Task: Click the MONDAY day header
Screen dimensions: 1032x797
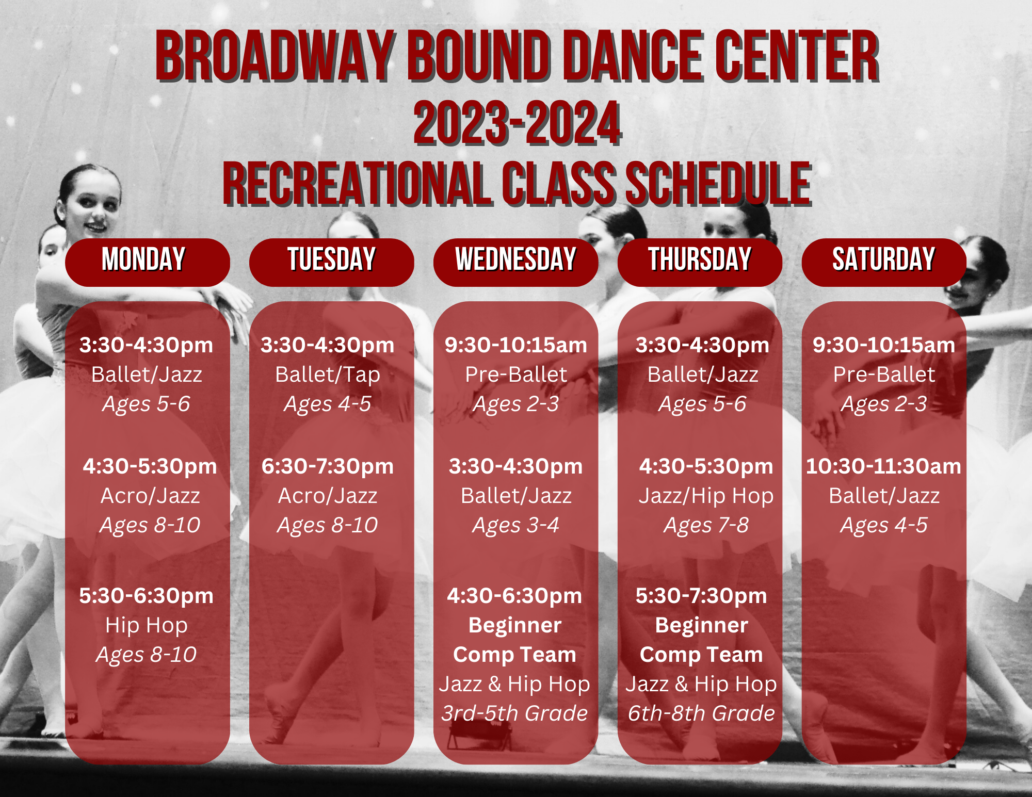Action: tap(148, 262)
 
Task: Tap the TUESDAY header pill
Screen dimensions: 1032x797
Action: tap(331, 262)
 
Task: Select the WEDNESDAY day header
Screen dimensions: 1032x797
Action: tap(515, 262)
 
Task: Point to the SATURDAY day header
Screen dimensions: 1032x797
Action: tap(884, 262)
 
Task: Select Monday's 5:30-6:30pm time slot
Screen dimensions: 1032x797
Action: tap(147, 596)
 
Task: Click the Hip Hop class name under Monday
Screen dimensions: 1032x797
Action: tap(147, 625)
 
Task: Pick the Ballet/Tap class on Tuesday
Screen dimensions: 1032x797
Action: tap(328, 375)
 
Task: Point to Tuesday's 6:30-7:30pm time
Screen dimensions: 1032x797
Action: tap(328, 466)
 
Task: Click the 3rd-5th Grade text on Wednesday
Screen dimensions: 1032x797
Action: tap(514, 713)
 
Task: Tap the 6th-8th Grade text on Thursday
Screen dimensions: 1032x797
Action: tap(701, 713)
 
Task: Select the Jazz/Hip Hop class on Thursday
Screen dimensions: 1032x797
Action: tap(706, 496)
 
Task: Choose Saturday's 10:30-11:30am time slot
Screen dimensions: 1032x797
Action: tap(884, 466)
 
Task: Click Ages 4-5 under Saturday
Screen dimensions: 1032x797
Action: tap(884, 526)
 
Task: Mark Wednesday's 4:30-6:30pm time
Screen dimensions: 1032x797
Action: tap(514, 596)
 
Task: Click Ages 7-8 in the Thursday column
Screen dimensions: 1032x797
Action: tap(706, 526)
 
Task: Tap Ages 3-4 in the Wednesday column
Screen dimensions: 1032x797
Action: tap(515, 526)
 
